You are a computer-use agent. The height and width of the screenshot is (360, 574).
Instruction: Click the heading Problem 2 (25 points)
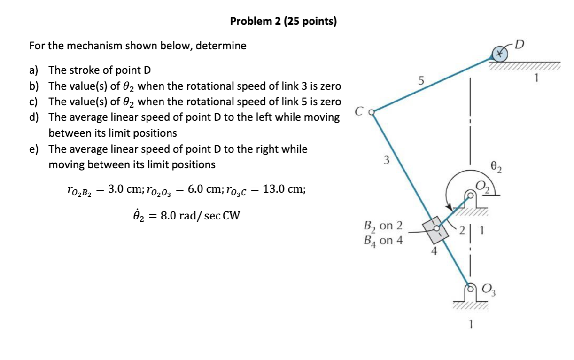[x=283, y=21]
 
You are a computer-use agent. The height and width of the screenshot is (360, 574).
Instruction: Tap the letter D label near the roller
[x=520, y=45]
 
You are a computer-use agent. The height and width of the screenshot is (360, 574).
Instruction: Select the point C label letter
[x=359, y=112]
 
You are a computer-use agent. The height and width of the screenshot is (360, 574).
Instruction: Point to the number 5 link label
[x=421, y=81]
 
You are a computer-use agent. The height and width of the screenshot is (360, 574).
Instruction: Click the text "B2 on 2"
[x=383, y=226]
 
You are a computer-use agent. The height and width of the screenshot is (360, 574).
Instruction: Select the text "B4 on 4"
[x=383, y=240]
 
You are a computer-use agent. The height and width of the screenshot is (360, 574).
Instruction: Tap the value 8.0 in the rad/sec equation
[x=180, y=217]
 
